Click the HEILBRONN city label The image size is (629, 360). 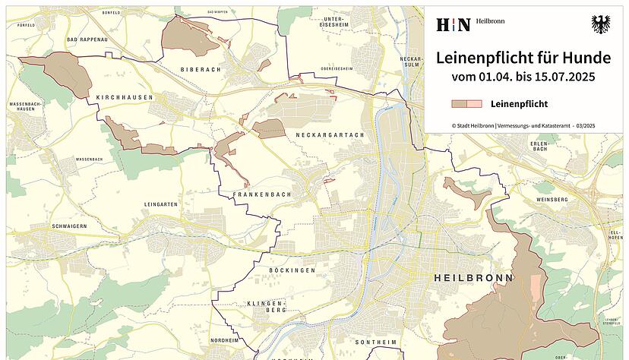point(473,278)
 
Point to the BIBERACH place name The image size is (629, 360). point(200,69)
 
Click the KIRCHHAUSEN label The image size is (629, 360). point(125,98)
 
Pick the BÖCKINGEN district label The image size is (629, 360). point(292,270)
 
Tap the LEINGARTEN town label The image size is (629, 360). point(160,204)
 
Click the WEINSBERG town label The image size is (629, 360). point(552,199)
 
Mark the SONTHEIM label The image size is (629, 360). point(375,343)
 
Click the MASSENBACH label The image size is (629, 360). point(89,159)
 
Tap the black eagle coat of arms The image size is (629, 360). point(601,24)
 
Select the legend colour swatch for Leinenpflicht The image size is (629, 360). point(466,104)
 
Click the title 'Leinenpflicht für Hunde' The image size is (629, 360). point(523,58)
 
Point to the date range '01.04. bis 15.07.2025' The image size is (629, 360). point(523,77)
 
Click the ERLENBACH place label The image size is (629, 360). point(540,146)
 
